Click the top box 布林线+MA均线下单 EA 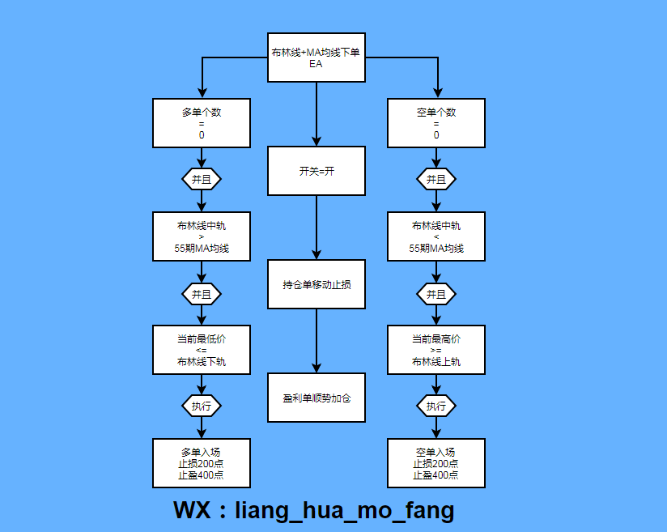(317, 58)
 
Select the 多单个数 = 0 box (202, 123)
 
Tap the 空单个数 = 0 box (436, 123)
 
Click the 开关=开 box (317, 172)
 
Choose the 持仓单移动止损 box (317, 284)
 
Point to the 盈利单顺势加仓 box (317, 398)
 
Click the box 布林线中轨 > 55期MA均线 (202, 236)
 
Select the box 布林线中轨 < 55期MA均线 (436, 236)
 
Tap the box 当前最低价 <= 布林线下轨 (202, 350)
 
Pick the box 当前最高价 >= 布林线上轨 (436, 350)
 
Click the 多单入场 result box (202, 463)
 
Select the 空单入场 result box (436, 463)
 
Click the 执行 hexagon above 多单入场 (202, 406)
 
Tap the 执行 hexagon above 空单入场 (436, 406)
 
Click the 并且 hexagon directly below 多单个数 (202, 179)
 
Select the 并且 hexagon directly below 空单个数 (436, 179)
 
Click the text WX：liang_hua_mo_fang (314, 511)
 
